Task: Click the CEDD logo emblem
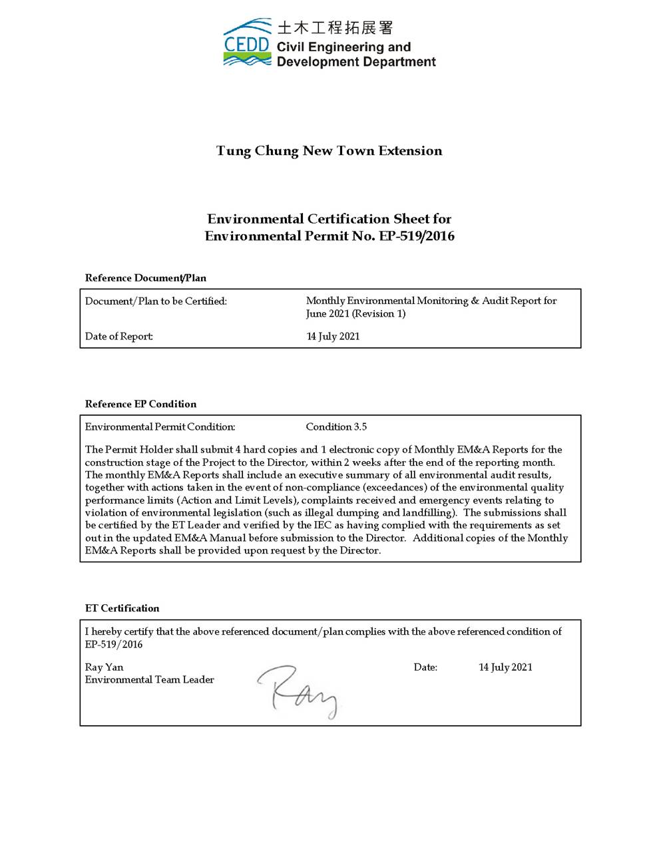247,43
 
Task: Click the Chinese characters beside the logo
335,27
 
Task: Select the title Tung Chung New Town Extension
329,151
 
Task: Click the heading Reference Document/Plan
146,277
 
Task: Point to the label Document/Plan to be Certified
156,301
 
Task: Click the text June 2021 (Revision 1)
355,314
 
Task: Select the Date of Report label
119,337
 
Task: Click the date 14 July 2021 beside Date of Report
333,337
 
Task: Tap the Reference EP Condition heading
140,404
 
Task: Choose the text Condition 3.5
336,426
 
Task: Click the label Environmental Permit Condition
160,426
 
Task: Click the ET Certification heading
122,608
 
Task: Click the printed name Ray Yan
104,667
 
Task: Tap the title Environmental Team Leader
149,680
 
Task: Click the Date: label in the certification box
425,667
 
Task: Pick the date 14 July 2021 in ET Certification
505,667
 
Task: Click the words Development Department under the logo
356,62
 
